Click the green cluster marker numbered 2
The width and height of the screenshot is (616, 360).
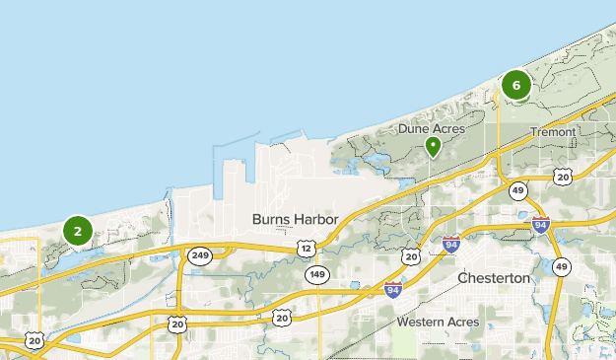77,231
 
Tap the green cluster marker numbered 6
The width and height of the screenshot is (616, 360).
515,85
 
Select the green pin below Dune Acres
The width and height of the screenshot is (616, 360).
432,147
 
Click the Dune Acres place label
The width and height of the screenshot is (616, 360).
432,128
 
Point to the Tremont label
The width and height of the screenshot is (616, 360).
552,131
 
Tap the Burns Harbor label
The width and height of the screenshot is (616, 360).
295,219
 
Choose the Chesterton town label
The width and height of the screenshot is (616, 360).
494,279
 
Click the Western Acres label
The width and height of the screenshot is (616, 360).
438,323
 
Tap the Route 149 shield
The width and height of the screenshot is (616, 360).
315,273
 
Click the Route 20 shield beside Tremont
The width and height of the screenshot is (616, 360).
562,177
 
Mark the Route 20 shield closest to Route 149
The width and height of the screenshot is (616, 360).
282,318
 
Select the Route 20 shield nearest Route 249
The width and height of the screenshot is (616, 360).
177,323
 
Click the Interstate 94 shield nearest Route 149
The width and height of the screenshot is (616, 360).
393,289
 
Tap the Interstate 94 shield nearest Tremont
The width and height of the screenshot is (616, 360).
540,225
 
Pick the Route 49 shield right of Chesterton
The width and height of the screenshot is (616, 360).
561,267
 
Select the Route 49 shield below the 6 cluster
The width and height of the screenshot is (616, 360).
517,190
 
